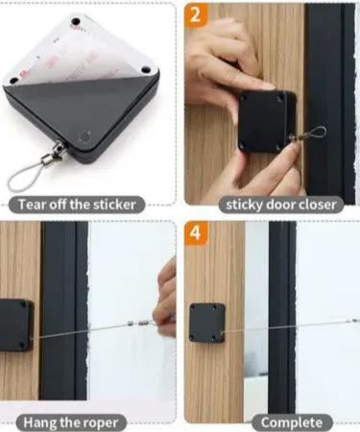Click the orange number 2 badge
pyautogui.click(x=196, y=14)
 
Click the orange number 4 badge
pyautogui.click(x=196, y=232)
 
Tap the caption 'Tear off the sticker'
pyautogui.click(x=77, y=204)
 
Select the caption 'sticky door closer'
pyautogui.click(x=281, y=204)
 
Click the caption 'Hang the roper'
pyautogui.click(x=71, y=423)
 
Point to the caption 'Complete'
pyautogui.click(x=292, y=422)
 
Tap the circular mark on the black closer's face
pyautogui.click(x=84, y=137)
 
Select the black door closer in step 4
pyautogui.click(x=207, y=323)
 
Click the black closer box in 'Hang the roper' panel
pyautogui.click(x=16, y=324)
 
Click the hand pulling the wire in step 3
pyautogui.click(x=165, y=300)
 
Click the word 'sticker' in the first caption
pyautogui.click(x=116, y=204)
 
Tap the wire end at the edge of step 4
pyautogui.click(x=355, y=321)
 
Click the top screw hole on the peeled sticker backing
pyautogui.click(x=76, y=22)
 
